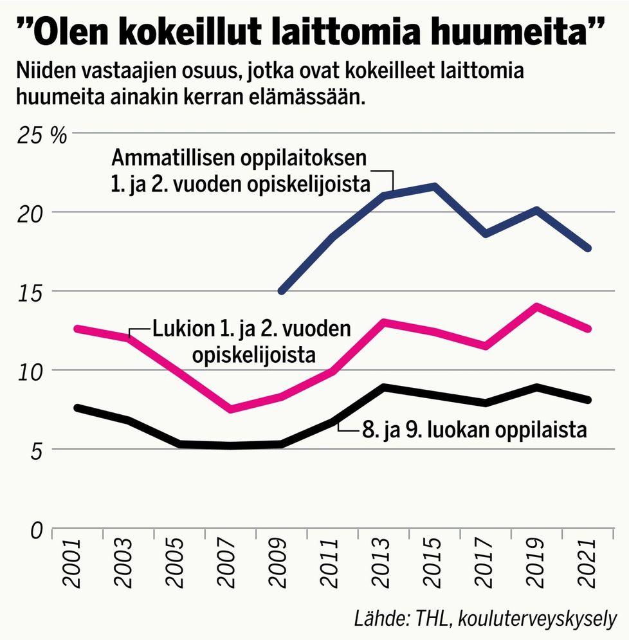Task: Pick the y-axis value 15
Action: [27, 293]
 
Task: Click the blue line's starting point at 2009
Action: [281, 291]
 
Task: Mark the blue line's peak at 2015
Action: [435, 187]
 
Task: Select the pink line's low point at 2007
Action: [230, 409]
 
